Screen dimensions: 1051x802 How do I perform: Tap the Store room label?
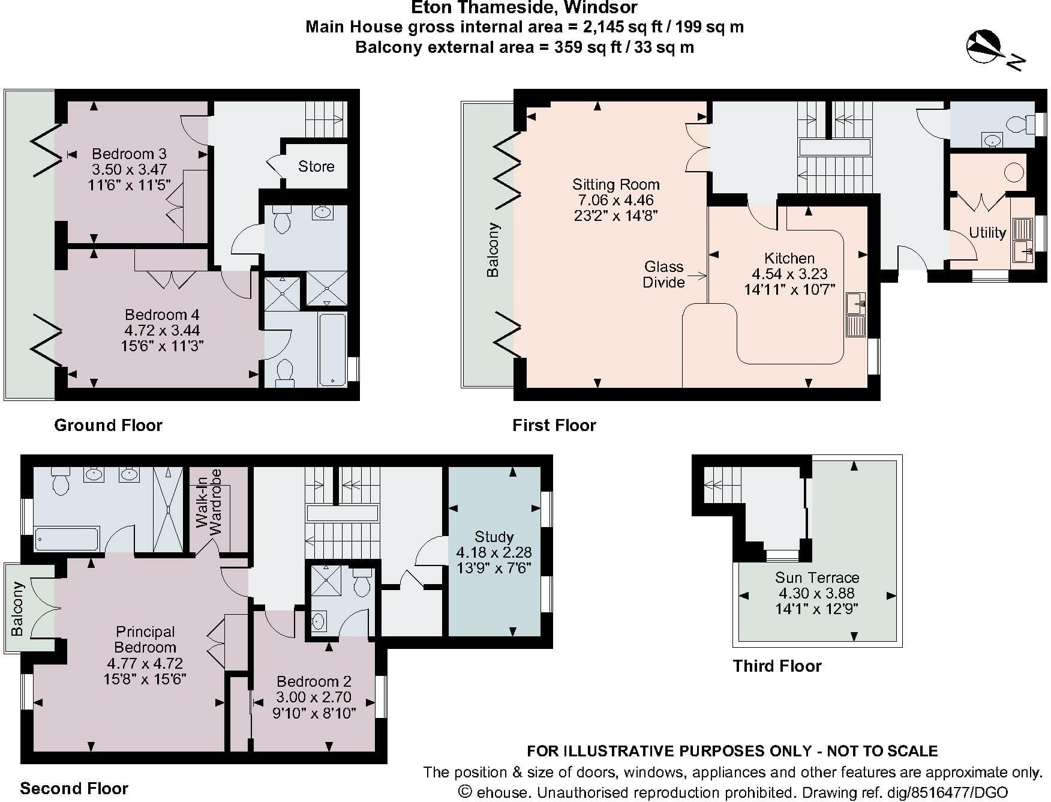[316, 166]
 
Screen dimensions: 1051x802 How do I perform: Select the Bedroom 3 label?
[129, 154]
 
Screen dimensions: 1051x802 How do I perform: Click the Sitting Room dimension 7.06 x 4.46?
[615, 200]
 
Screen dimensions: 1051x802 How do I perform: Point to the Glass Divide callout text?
[663, 274]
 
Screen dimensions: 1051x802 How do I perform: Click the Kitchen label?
[789, 258]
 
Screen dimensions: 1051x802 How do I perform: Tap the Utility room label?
[987, 233]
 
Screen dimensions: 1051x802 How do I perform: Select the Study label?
[494, 537]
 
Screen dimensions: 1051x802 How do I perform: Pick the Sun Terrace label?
[817, 577]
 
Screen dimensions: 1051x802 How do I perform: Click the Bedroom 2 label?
[314, 681]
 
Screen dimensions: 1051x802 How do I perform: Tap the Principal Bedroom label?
[145, 639]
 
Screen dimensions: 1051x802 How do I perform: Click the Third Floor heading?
[777, 666]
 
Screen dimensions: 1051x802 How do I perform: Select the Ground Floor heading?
[108, 425]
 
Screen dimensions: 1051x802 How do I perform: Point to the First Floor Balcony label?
[493, 250]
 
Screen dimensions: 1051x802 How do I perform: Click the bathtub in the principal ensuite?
[67, 538]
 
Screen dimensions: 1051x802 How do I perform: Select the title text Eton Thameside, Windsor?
[524, 8]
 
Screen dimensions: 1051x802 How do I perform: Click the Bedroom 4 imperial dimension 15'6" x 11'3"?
[162, 346]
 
